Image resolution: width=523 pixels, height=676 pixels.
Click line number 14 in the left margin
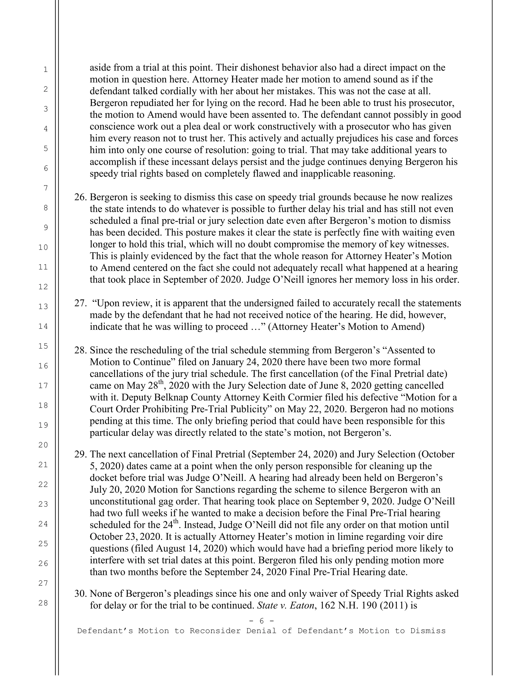43,326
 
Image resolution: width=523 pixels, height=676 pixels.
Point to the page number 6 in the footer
261,621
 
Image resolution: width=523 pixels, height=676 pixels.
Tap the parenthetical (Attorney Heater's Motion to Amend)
346,327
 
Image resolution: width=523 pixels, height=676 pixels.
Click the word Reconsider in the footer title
215,631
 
